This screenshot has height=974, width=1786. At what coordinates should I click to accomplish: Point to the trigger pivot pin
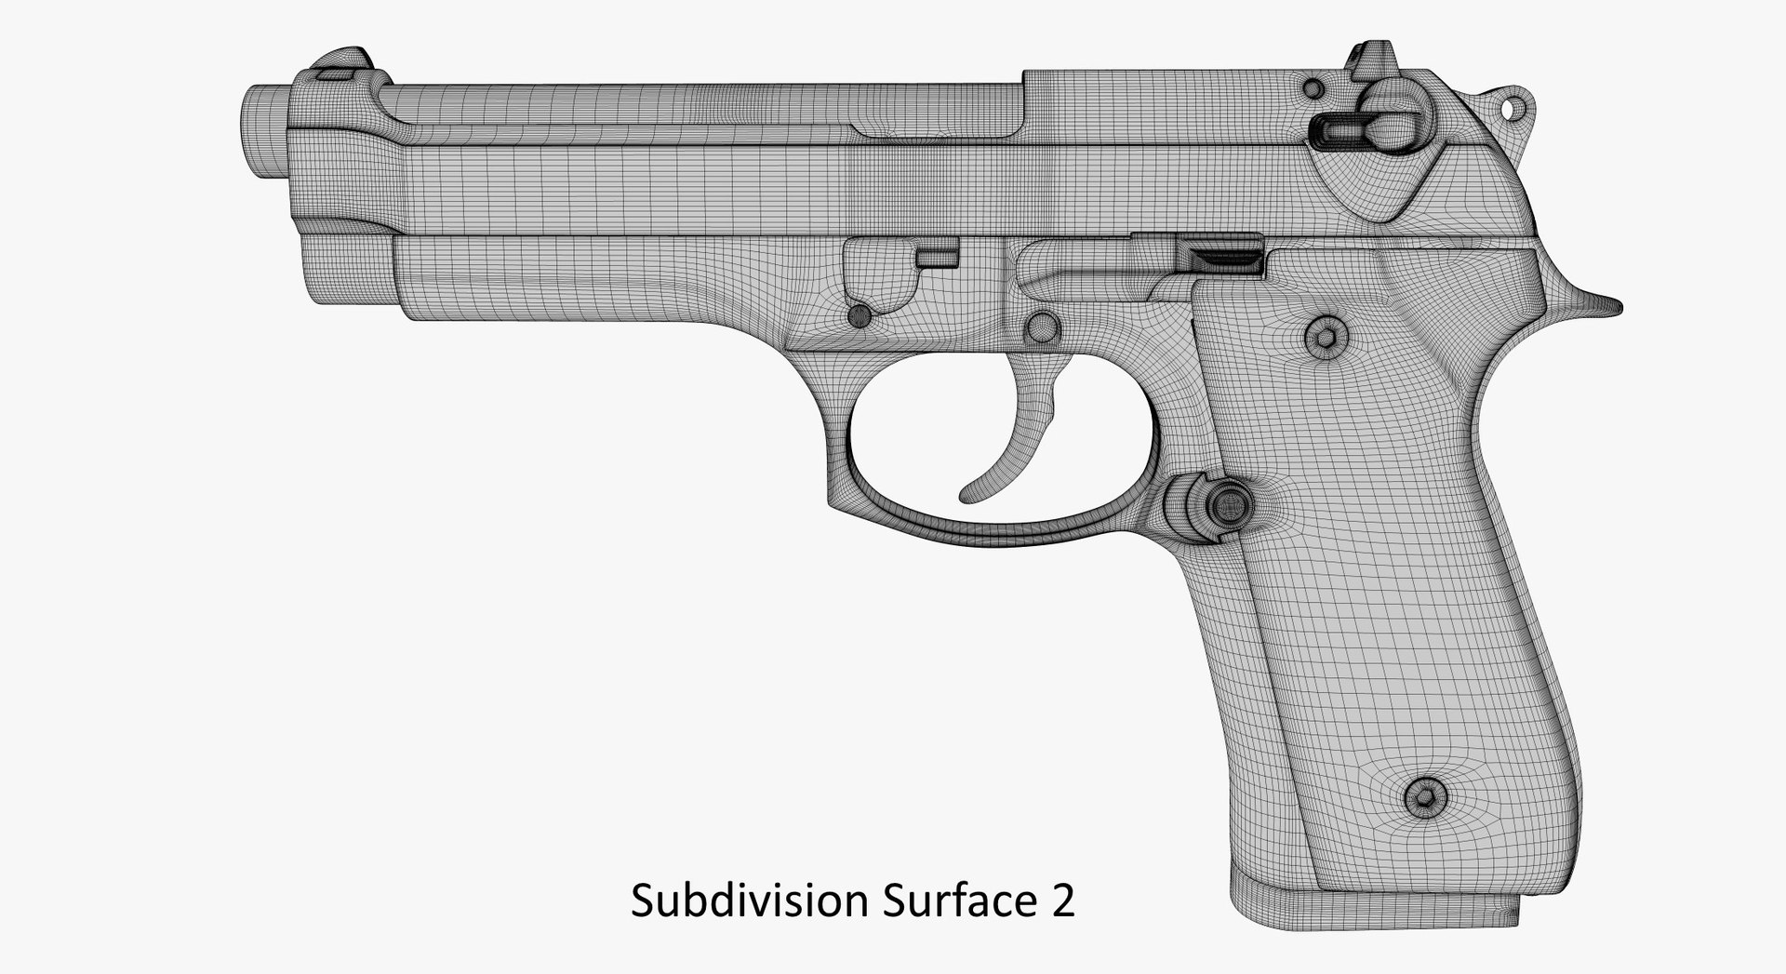(1041, 327)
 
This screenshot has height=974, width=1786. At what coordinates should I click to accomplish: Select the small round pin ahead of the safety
(1313, 88)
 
